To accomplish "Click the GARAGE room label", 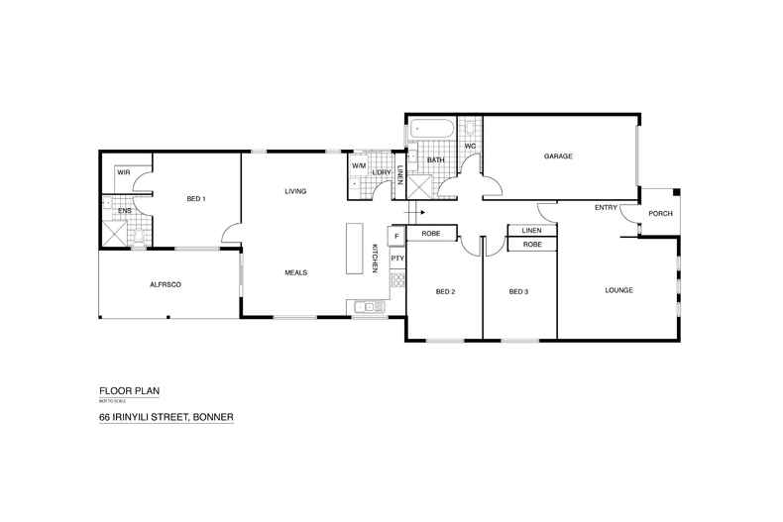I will coord(558,157).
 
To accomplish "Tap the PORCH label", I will coord(660,214).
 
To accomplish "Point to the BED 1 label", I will coord(195,199).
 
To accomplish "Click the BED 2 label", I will coord(445,291).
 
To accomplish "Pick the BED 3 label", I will coord(518,291).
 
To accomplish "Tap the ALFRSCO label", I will coord(165,284).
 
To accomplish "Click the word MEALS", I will coord(295,272).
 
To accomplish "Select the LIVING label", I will coord(295,191).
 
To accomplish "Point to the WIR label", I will coord(124,172).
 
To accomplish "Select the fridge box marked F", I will coord(396,236).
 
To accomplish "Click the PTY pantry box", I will coord(396,259).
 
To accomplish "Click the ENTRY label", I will coord(606,207).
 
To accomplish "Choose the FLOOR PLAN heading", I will coord(122,391).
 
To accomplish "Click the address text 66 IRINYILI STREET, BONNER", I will coord(166,418).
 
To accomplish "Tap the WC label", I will coord(471,147).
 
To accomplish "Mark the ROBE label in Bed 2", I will coord(430,234).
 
